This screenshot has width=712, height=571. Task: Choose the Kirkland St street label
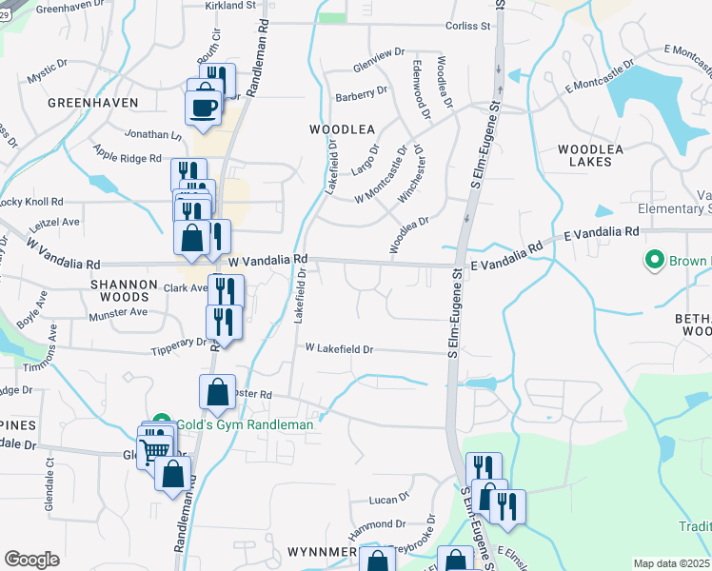(x=231, y=5)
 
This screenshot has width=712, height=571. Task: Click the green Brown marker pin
(x=654, y=259)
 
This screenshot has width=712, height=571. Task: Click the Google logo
(x=31, y=560)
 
